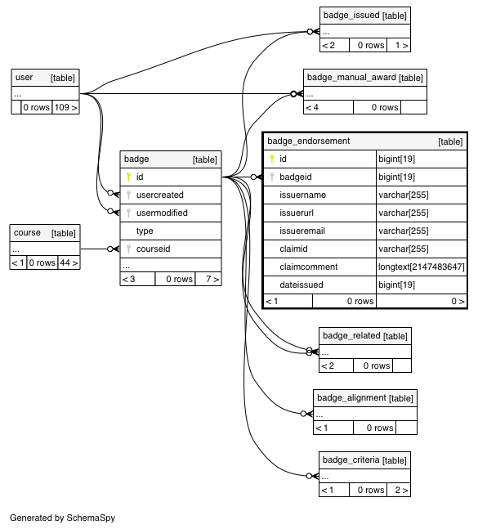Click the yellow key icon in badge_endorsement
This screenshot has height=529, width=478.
272,159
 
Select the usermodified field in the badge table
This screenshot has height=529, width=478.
162,213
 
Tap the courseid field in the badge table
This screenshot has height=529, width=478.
153,249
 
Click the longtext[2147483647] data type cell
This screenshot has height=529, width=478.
422,267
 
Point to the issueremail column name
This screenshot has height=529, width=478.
302,231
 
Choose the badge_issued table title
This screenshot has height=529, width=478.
351,16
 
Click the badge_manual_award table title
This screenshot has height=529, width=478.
351,77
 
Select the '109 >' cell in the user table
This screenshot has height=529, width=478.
65,107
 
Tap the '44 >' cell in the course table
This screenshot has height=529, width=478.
69,262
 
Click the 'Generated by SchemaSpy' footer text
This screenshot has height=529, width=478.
62,518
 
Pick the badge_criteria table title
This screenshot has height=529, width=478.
351,460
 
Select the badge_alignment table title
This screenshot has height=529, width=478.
351,397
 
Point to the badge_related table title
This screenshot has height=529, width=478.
351,335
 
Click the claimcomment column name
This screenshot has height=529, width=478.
308,267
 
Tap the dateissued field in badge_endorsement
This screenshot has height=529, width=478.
302,285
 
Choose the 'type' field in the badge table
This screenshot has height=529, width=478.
145,231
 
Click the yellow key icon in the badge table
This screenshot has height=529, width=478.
128,177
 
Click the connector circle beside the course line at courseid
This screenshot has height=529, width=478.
109,249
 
